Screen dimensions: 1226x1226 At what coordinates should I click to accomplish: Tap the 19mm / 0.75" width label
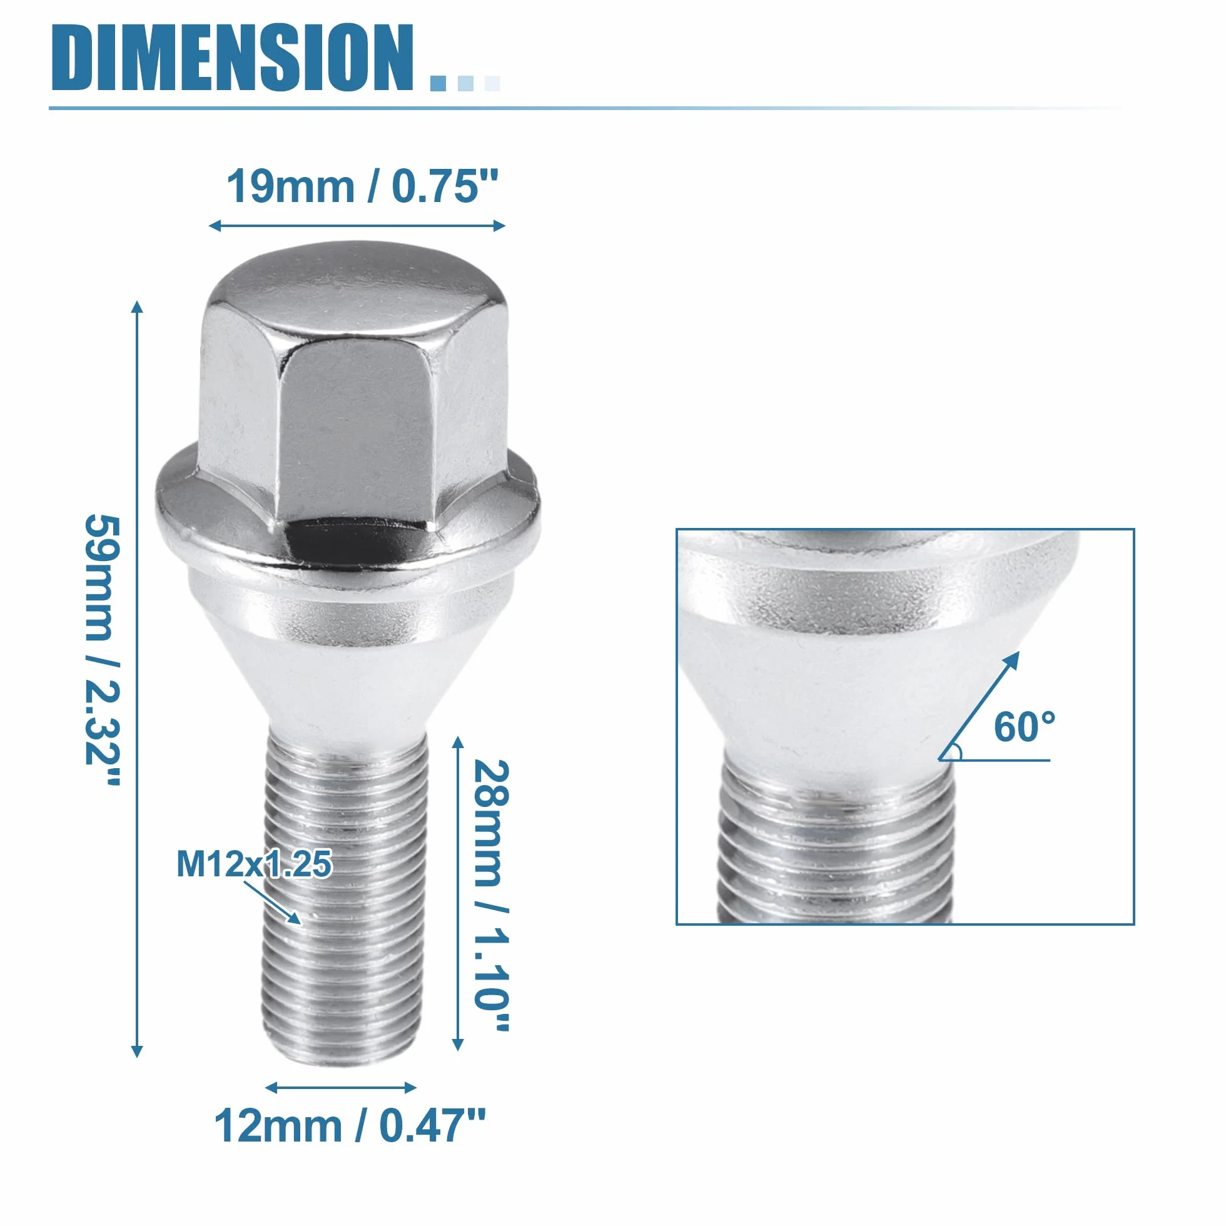click(362, 186)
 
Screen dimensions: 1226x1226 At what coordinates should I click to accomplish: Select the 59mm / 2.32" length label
click(103, 650)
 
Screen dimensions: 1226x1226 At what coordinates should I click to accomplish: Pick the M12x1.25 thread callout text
click(254, 864)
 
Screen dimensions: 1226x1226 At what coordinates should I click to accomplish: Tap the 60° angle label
click(1024, 727)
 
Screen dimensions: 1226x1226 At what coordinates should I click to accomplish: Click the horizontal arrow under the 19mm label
click(357, 225)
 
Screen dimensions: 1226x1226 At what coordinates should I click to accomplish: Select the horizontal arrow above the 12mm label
click(341, 1088)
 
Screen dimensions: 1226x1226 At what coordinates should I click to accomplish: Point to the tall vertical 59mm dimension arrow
click(136, 679)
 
